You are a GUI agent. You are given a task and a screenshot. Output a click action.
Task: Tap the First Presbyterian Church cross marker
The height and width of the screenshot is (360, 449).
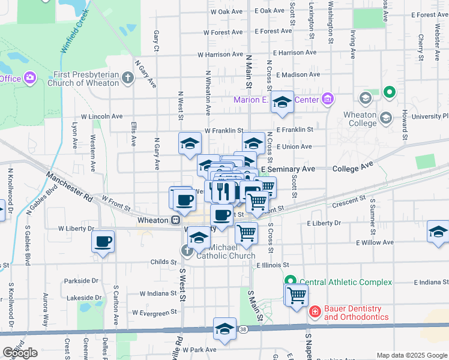click(x=127, y=78)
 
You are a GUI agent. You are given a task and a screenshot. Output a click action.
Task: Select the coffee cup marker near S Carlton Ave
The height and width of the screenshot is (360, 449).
click(x=103, y=242)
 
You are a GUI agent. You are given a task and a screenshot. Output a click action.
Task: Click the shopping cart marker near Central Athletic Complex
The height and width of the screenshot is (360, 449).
click(x=296, y=295)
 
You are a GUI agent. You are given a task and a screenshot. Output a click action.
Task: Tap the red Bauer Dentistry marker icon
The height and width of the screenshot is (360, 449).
click(x=314, y=311)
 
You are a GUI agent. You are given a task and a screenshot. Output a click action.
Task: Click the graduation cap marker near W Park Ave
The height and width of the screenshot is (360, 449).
click(x=224, y=329)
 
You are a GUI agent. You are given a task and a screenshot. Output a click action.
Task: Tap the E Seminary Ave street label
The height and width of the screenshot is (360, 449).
click(x=288, y=169)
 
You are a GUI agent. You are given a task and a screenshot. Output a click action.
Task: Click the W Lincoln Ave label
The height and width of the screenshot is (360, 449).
click(x=102, y=116)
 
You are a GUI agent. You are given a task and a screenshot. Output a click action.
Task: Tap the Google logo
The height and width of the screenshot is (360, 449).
click(x=20, y=352)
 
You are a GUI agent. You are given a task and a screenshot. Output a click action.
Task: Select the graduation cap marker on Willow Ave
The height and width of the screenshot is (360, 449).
click(x=439, y=232)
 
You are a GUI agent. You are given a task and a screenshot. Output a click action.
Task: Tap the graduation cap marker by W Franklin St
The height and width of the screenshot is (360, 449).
click(x=190, y=143)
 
